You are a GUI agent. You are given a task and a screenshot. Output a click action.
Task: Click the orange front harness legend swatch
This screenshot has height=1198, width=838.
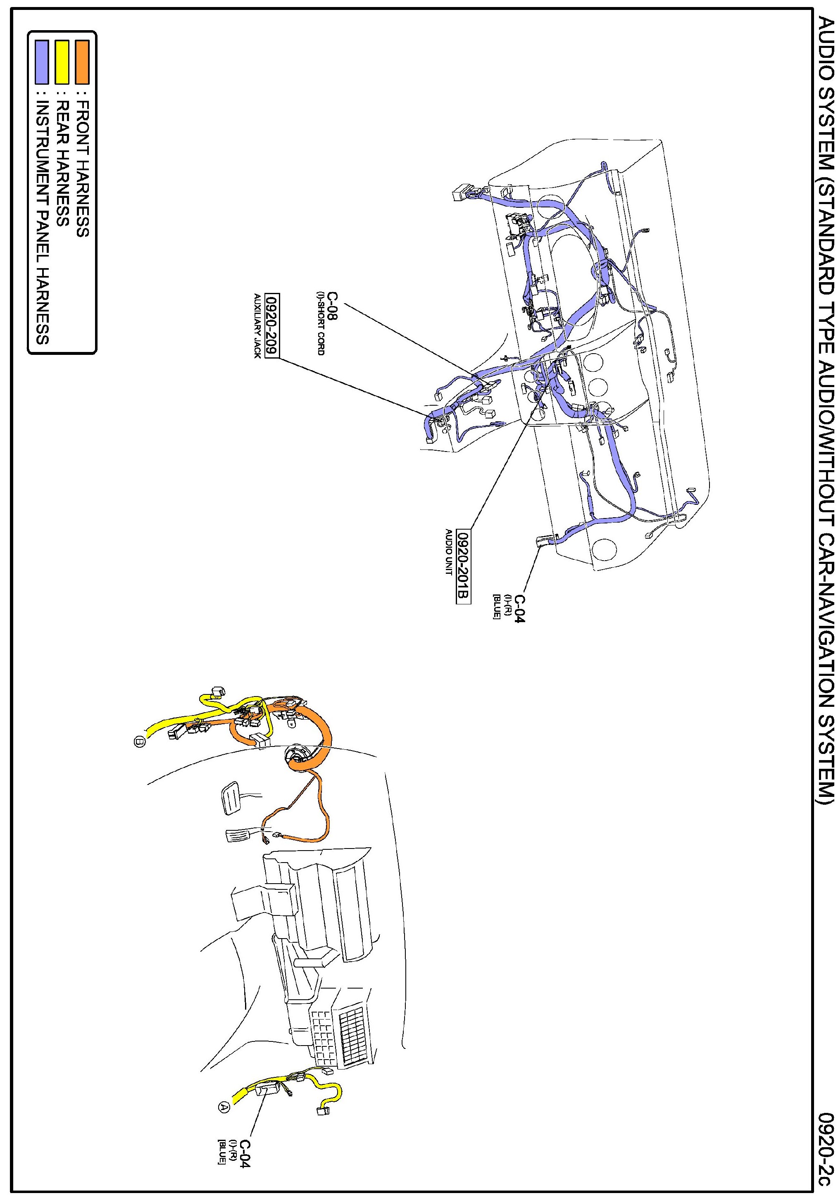[x=82, y=62]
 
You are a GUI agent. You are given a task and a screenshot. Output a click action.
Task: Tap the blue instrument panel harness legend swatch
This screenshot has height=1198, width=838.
[x=42, y=62]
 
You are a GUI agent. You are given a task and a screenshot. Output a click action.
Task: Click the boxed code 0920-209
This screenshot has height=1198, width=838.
[x=272, y=326]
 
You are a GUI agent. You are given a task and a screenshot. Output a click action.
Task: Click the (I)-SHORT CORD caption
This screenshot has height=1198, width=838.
[x=320, y=323]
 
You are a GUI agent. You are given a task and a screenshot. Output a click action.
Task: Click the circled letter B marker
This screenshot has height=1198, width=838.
[x=139, y=740]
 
